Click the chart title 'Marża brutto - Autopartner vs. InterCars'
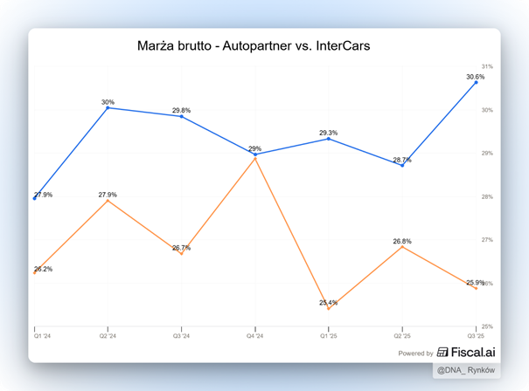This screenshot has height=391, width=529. (254, 45)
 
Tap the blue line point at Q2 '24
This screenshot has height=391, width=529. (108, 107)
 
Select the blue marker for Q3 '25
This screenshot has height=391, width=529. (476, 82)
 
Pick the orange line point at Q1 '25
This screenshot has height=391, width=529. (329, 308)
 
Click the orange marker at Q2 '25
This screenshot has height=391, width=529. (402, 247)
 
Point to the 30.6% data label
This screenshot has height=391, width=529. (475, 77)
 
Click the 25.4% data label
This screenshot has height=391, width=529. (330, 302)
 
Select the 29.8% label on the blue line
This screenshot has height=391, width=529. (181, 111)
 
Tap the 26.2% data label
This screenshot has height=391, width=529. (43, 269)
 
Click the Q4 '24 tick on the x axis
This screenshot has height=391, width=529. (255, 335)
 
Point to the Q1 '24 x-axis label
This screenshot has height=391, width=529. (43, 335)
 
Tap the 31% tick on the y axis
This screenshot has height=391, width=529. (487, 66)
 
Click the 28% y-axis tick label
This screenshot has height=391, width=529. (487, 196)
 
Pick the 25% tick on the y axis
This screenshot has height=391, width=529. (487, 326)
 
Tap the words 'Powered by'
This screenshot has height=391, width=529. (415, 353)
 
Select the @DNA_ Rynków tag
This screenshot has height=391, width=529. (466, 371)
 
